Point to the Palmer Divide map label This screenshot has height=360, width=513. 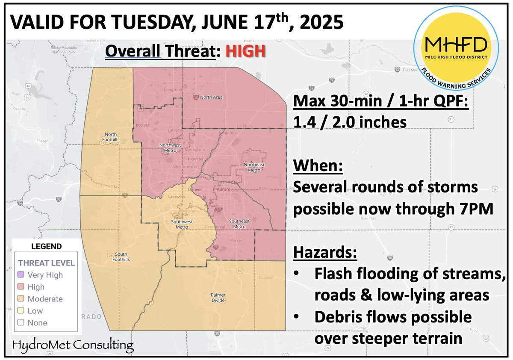(x=218, y=298)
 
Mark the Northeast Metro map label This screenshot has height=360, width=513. (x=254, y=167)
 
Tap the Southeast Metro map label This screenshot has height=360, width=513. (x=239, y=224)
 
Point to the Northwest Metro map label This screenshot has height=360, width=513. (x=170, y=147)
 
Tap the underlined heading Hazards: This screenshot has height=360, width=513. (x=325, y=253)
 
